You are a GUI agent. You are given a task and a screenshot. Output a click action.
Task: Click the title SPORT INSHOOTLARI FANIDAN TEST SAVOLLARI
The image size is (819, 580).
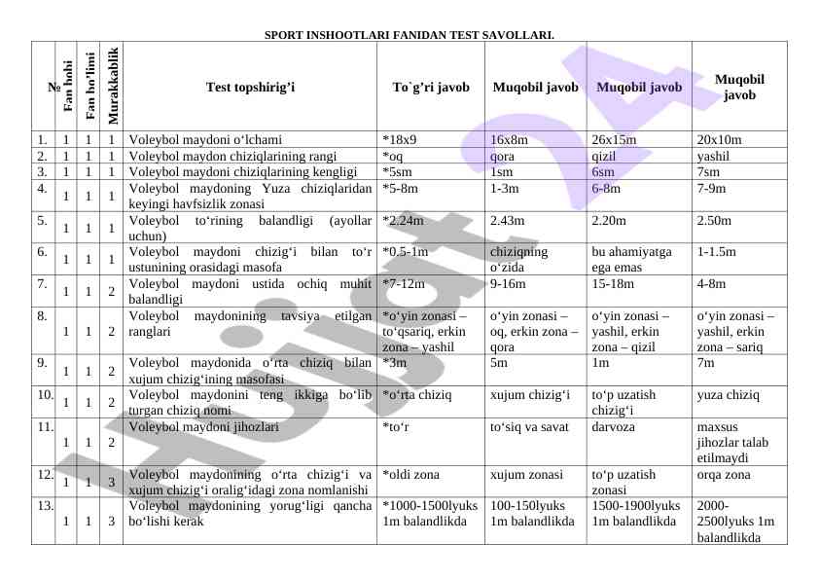pyautogui.click(x=409, y=35)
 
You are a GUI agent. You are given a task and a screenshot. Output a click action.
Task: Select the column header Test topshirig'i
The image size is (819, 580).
pyautogui.click(x=250, y=87)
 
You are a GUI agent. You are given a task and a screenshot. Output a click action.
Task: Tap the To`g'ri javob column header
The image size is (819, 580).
pyautogui.click(x=431, y=87)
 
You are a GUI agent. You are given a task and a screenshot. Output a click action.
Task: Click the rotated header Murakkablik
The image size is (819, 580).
pyautogui.click(x=112, y=86)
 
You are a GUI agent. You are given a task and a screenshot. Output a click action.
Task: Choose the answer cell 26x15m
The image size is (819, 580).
pyautogui.click(x=614, y=139)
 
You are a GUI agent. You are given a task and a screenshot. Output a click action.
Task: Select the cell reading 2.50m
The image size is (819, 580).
pyautogui.click(x=714, y=220)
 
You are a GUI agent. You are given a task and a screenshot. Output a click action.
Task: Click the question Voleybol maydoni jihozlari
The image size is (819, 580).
pyautogui.click(x=203, y=426)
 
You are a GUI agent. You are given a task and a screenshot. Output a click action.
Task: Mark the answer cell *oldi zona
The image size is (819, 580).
pyautogui.click(x=412, y=475)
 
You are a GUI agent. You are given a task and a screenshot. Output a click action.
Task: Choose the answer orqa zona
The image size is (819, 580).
pyautogui.click(x=724, y=475)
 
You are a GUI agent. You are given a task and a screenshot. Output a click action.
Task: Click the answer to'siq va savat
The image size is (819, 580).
pyautogui.click(x=529, y=426)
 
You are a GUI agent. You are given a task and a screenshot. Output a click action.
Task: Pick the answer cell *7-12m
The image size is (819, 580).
pyautogui.click(x=405, y=284)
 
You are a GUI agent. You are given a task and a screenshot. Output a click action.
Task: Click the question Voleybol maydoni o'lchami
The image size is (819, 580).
pyautogui.click(x=205, y=139)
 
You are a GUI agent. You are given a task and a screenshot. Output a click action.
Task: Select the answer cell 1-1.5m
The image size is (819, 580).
pyautogui.click(x=718, y=252)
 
